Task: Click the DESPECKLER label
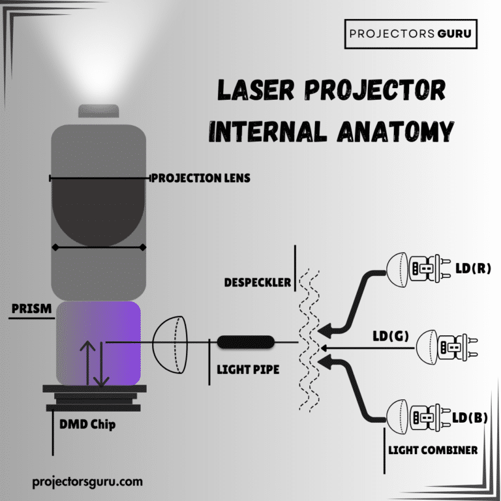[x=258, y=283]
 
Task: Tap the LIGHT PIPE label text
[x=248, y=370]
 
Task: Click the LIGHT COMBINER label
[x=433, y=450]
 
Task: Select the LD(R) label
[x=473, y=268]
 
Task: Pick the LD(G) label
[x=390, y=337]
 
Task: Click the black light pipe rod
[x=245, y=342]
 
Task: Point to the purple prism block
[x=99, y=342]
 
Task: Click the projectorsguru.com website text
[x=87, y=482]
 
